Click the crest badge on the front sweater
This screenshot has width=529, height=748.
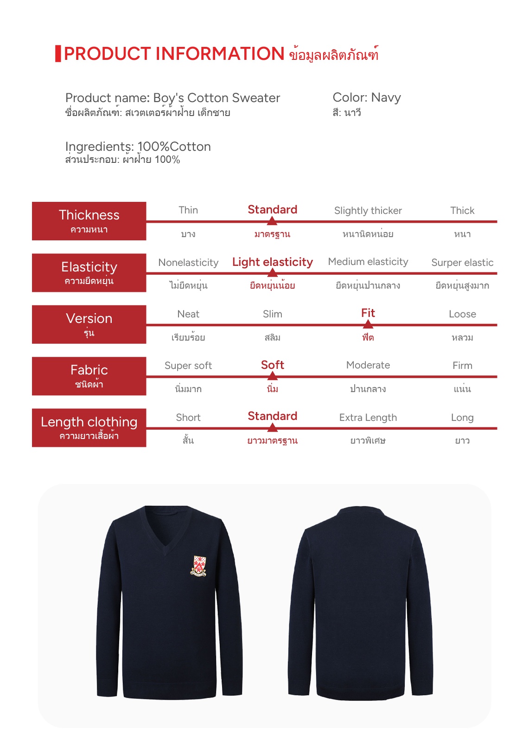click(x=198, y=566)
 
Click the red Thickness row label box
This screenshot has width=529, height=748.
click(x=89, y=221)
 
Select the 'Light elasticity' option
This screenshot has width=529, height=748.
click(x=273, y=262)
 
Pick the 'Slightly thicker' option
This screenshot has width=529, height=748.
click(x=368, y=211)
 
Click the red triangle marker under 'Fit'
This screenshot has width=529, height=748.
click(x=368, y=324)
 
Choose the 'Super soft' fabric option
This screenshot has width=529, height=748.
click(x=188, y=366)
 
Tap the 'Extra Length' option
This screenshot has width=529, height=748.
click(x=368, y=418)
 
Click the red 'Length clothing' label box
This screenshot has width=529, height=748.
click(x=89, y=427)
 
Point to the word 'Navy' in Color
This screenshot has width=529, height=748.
click(x=386, y=97)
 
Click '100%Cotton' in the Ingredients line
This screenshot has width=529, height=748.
click(x=174, y=147)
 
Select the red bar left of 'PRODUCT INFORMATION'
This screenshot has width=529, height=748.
click(x=58, y=54)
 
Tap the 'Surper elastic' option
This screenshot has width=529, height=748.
click(x=462, y=263)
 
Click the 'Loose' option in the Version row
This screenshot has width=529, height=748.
click(x=462, y=314)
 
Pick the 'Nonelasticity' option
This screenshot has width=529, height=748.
click(x=188, y=263)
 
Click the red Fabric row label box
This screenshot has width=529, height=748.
click(x=89, y=376)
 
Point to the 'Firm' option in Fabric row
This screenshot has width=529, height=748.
click(x=462, y=366)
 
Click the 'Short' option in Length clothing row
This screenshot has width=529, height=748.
click(x=188, y=418)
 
